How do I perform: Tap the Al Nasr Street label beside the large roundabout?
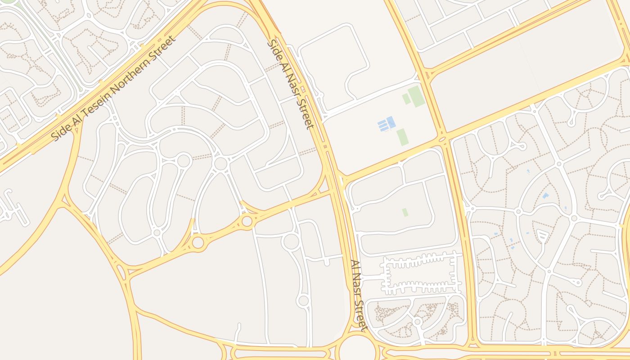(360, 295)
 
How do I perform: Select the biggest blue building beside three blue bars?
(391, 122)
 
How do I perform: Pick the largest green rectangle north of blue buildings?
(417, 96)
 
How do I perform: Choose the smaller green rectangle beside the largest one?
(406, 99)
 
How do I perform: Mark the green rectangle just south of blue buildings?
(403, 137)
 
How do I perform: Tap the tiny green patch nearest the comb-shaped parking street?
(405, 212)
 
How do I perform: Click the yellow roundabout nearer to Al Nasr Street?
(247, 221)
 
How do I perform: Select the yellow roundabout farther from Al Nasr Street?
(198, 242)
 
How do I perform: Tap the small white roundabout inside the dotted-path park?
(418, 322)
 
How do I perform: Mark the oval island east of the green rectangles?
(442, 139)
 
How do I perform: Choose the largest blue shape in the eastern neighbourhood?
(545, 196)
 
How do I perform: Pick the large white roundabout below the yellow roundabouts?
(291, 242)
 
